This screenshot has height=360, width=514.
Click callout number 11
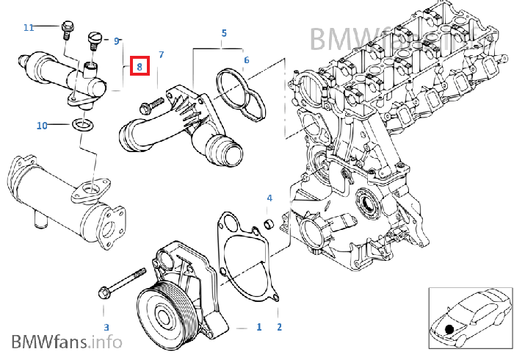[29, 28]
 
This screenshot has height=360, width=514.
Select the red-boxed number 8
[140, 67]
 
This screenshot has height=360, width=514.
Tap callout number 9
[117, 41]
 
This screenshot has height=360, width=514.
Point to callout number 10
[42, 126]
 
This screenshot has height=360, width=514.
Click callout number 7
[161, 55]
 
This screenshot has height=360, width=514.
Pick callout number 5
[224, 33]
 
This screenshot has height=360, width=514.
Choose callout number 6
[246, 60]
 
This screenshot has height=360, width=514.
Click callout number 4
[269, 198]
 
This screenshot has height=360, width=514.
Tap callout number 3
[106, 327]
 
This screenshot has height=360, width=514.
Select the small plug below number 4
[269, 222]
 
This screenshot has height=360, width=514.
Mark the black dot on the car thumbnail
[449, 328]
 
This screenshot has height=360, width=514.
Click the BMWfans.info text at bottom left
[66, 342]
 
